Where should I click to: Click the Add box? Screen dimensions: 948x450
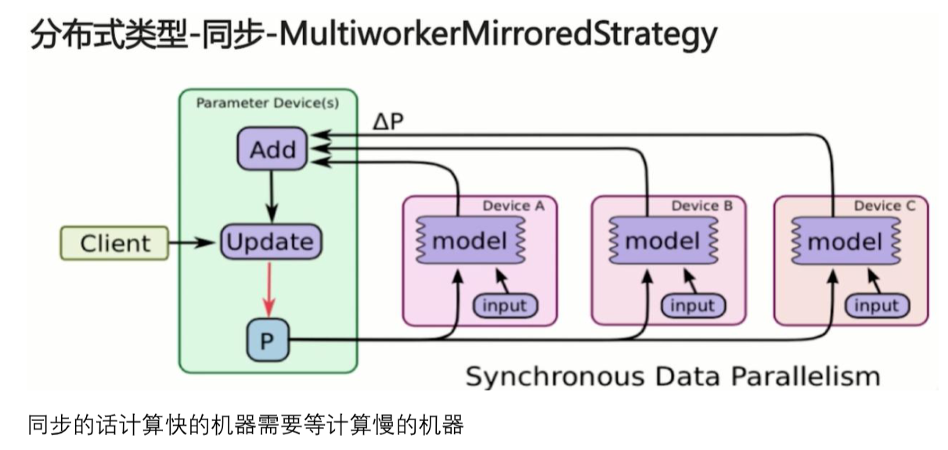[272, 149]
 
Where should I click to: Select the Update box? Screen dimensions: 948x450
[271, 242]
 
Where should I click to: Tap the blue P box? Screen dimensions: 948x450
[268, 340]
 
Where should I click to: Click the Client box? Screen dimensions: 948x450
[114, 243]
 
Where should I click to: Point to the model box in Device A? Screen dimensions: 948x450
[470, 240]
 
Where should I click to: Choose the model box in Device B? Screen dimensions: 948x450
[663, 240]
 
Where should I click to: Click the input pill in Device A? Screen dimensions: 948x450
[505, 306]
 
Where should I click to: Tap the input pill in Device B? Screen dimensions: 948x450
[693, 306]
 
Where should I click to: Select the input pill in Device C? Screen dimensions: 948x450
[877, 306]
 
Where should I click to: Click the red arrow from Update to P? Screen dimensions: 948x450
[269, 290]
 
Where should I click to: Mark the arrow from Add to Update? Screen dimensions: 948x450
[272, 196]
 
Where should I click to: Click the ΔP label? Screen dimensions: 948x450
[388, 122]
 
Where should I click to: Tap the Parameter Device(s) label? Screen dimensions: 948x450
[268, 103]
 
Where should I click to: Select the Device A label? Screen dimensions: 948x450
[514, 206]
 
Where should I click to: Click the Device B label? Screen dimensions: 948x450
[701, 206]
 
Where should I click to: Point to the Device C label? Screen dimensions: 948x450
[885, 206]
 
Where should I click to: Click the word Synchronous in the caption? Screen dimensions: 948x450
[554, 376]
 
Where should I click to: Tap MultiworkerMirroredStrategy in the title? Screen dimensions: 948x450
[498, 34]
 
